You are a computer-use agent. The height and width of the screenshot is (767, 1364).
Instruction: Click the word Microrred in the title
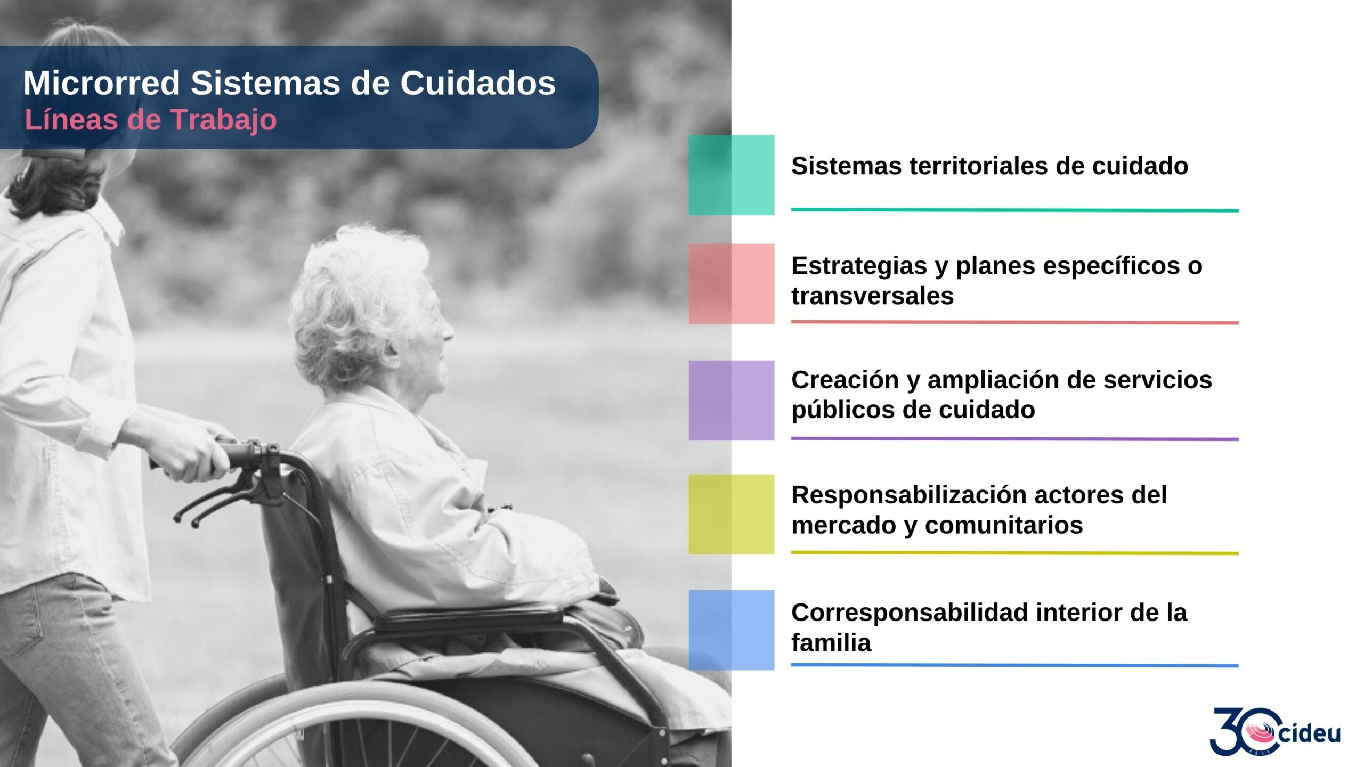102,83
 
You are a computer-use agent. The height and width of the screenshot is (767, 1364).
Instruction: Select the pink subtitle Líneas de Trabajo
151,120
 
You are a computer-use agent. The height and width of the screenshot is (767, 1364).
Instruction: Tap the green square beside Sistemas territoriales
731,175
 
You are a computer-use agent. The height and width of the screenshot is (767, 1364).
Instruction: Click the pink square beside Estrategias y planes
731,284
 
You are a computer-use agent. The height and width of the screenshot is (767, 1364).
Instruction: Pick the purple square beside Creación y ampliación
731,401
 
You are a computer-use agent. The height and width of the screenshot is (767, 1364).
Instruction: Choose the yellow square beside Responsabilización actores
731,515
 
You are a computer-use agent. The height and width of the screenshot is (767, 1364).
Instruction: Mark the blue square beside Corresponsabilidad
731,630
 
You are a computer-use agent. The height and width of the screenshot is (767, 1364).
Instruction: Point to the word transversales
872,296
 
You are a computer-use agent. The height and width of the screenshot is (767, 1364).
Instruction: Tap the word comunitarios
1004,525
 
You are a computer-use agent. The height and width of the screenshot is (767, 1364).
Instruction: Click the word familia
831,643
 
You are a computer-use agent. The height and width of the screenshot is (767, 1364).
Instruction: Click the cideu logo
1275,731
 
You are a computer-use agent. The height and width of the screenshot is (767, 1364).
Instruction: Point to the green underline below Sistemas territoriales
1014,210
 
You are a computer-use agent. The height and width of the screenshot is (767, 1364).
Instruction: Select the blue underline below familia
1014,665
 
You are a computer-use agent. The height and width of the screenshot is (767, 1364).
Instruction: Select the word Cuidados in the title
478,83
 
